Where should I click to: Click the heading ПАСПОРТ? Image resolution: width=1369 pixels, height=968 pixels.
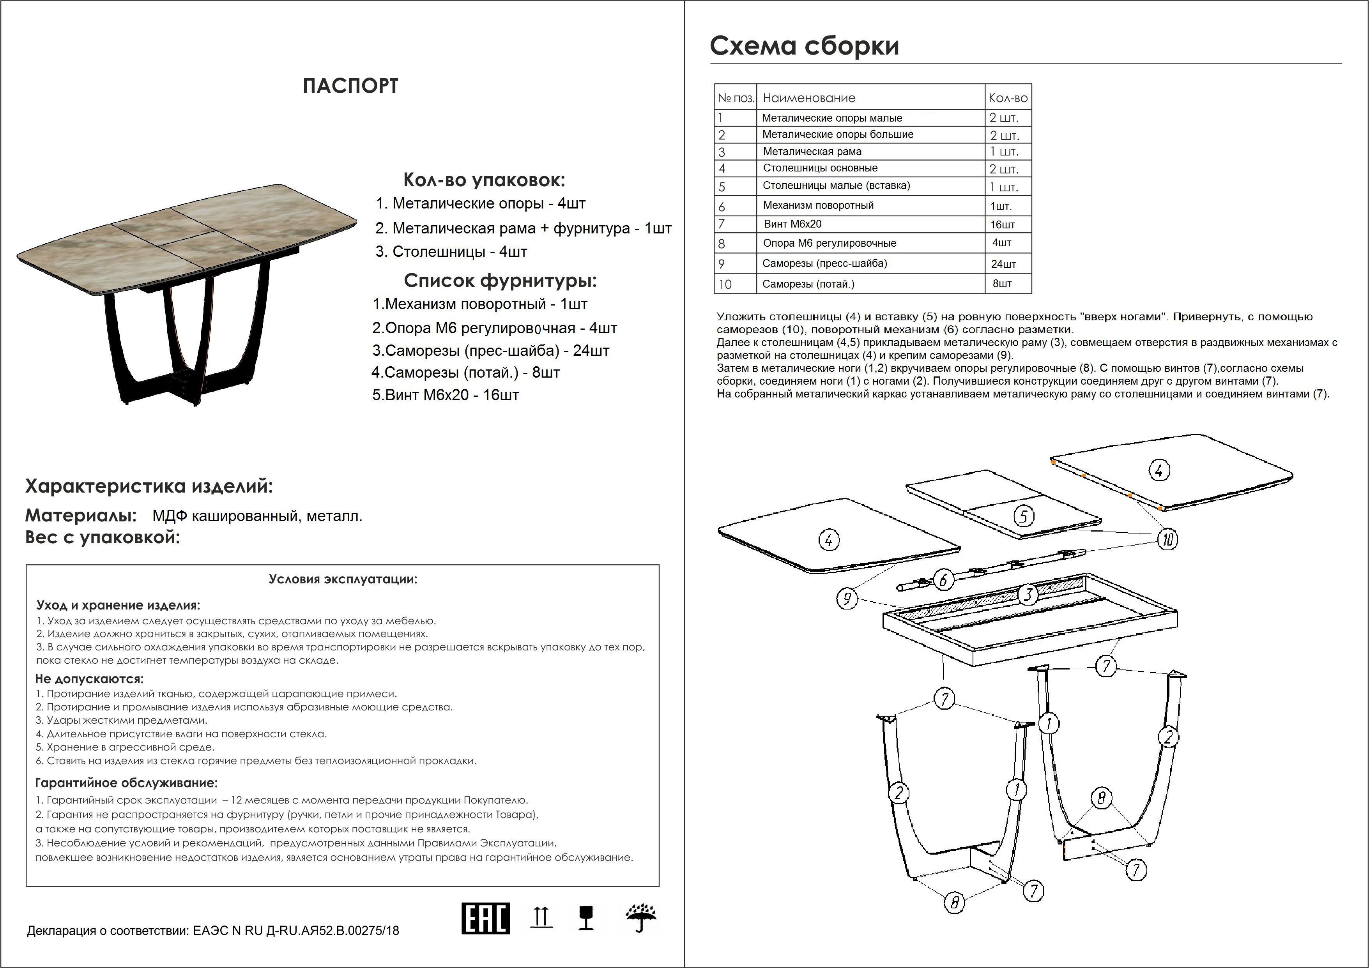(x=350, y=86)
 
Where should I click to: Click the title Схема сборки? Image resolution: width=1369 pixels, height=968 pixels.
(x=804, y=46)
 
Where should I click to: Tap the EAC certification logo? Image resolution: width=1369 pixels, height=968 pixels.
(x=485, y=918)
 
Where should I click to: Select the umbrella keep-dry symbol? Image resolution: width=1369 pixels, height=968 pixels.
(x=641, y=919)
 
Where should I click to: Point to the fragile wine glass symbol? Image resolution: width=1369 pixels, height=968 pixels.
(x=586, y=918)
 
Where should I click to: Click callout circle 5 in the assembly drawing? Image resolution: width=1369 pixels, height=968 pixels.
(x=1024, y=516)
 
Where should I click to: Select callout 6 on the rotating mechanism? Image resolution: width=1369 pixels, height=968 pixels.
(x=943, y=579)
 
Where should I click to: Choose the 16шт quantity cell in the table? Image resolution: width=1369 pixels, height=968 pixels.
(x=1002, y=225)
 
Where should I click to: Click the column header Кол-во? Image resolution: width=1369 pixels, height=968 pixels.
(x=1008, y=98)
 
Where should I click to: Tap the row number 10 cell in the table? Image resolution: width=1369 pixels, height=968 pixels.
(x=725, y=284)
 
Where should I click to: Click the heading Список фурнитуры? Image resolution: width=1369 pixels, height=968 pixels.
(x=500, y=280)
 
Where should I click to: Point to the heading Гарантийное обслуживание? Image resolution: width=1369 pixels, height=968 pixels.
(x=126, y=783)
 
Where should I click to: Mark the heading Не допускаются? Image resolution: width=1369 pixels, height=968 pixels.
(x=89, y=679)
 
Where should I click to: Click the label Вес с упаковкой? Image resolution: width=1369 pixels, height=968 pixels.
(x=102, y=538)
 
